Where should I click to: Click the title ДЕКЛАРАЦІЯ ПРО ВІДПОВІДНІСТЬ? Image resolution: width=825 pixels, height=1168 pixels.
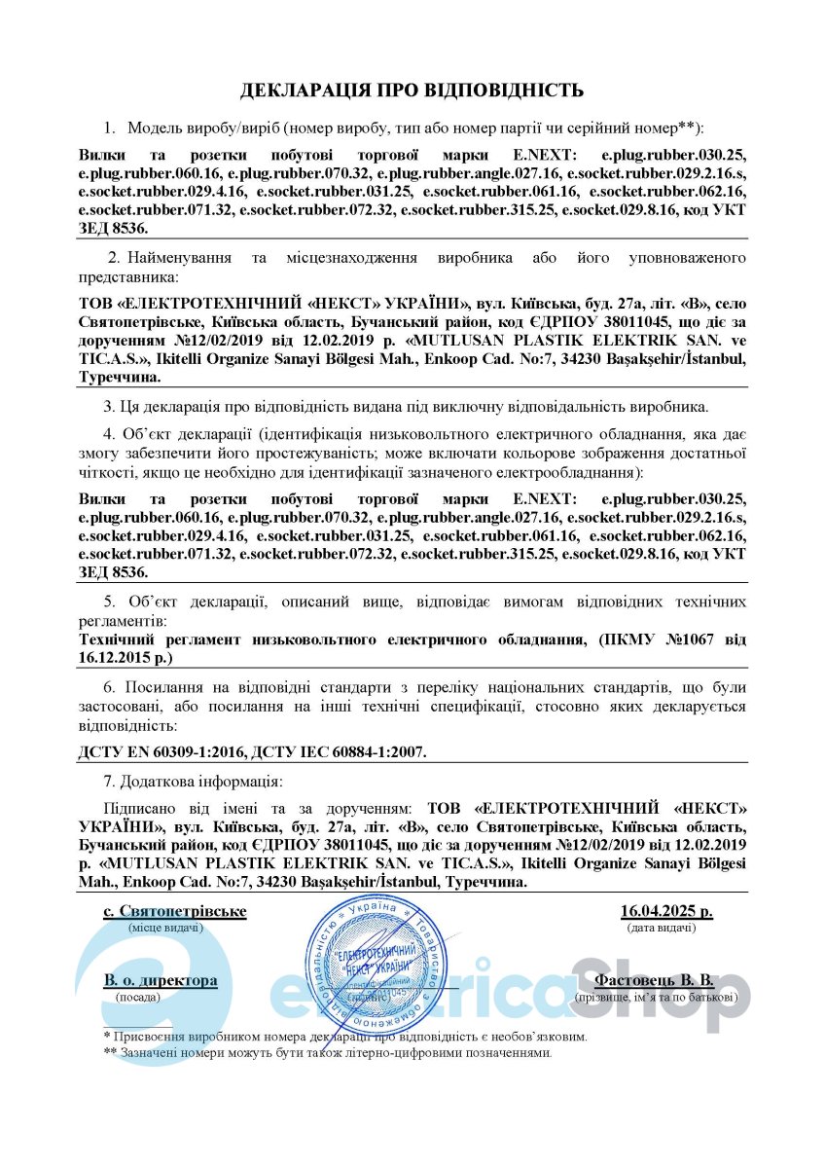pyautogui.click(x=412, y=91)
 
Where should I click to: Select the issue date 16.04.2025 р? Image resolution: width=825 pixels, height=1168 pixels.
pyautogui.click(x=665, y=912)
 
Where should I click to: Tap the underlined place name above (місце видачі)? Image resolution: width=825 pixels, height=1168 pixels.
pyautogui.click(x=175, y=912)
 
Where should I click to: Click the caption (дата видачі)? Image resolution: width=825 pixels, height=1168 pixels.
pyautogui.click(x=661, y=929)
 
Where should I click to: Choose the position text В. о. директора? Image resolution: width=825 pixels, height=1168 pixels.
pyautogui.click(x=161, y=980)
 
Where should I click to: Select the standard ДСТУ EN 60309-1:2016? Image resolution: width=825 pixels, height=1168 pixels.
pyautogui.click(x=160, y=752)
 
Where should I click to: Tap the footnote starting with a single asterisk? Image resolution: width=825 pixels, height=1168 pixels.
pyautogui.click(x=345, y=1037)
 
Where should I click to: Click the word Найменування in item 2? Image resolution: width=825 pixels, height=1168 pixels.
pyautogui.click(x=184, y=258)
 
